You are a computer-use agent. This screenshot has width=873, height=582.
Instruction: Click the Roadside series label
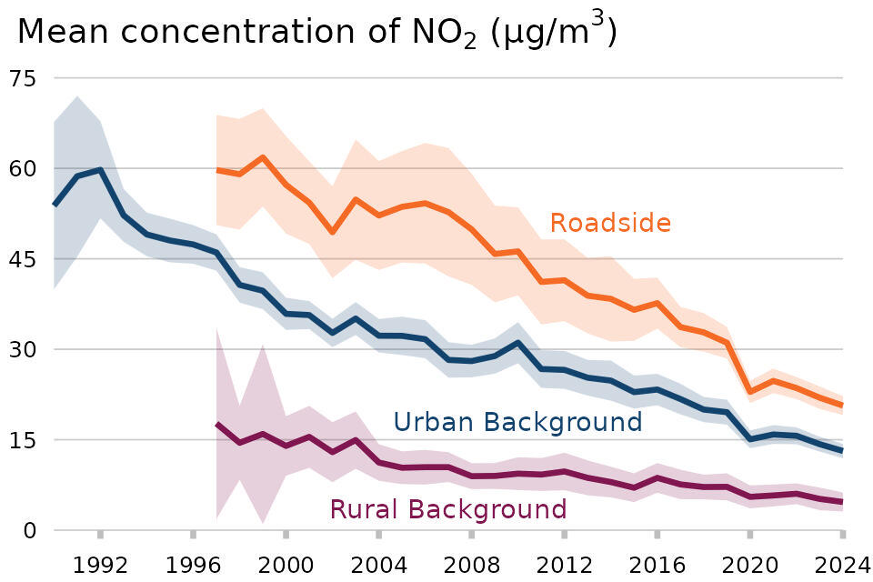point(610,223)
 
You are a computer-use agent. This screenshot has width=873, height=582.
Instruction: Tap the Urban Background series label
point(517,422)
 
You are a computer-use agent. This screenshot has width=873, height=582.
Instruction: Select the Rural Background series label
point(447,509)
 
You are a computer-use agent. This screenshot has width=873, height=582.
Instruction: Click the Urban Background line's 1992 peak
point(100,170)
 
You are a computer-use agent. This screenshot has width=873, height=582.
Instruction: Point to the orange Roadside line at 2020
point(750,391)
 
